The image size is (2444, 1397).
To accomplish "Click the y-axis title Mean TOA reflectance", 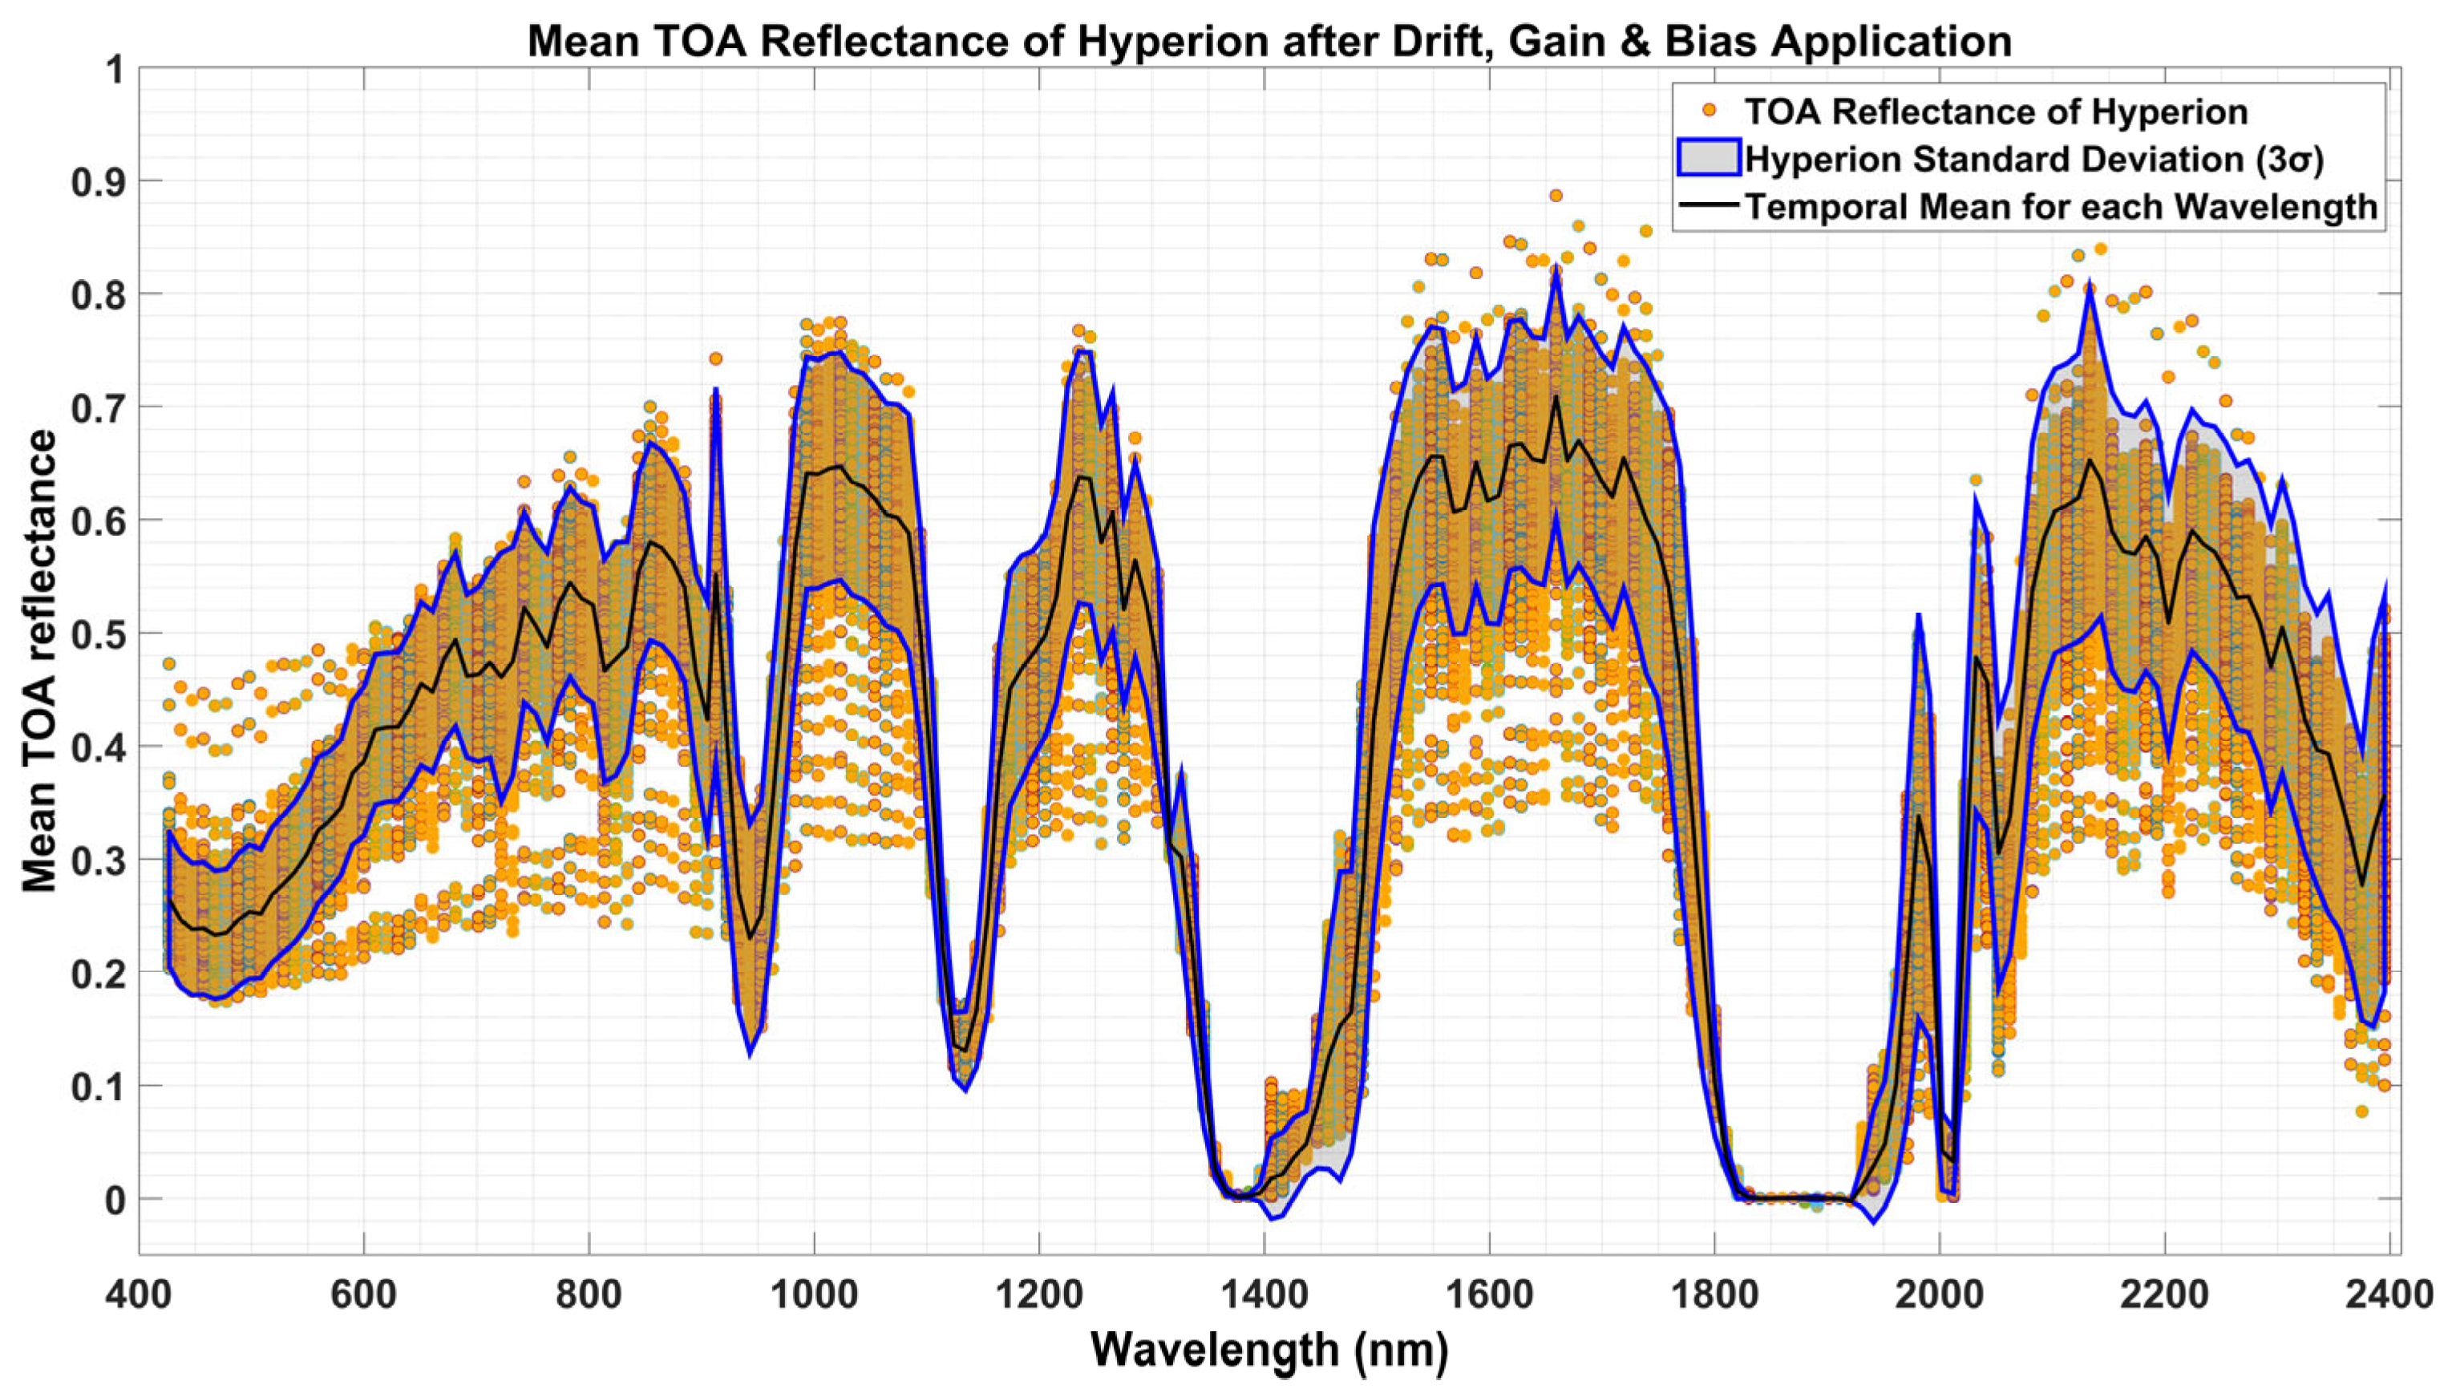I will tap(39, 660).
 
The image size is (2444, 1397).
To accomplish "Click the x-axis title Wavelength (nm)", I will tap(1269, 1350).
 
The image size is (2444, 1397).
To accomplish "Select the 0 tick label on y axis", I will tap(115, 1200).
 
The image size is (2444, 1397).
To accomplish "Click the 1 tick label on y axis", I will tap(117, 70).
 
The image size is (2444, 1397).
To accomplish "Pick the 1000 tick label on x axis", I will tap(815, 1294).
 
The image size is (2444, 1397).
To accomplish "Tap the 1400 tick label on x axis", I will tap(1264, 1294).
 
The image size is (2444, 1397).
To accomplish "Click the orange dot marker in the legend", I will tap(1708, 112).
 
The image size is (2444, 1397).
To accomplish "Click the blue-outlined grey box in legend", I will tap(1708, 158).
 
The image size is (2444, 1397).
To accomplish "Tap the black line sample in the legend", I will tap(1708, 206).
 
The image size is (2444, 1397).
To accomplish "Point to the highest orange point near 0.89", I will tap(1556, 196).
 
